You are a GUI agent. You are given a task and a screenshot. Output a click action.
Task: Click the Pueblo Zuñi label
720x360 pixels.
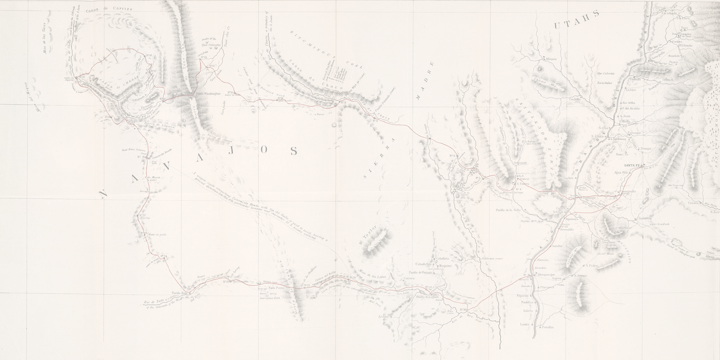pyautogui.click(x=181, y=293)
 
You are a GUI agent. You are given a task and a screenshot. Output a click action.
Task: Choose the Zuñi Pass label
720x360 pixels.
pyautogui.click(x=276, y=288)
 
